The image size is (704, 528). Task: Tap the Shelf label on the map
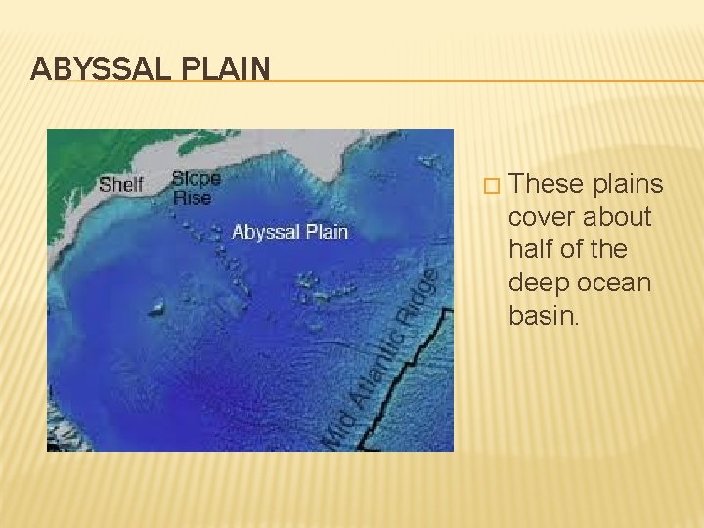[121, 184]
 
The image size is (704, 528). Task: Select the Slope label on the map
[196, 179]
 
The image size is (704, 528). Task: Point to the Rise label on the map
[192, 198]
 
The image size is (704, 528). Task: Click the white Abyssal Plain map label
[289, 232]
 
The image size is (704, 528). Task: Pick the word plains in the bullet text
[627, 184]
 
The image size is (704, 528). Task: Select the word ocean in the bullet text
[616, 283]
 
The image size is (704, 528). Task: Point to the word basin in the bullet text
[541, 315]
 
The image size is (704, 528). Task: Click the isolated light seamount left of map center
[156, 308]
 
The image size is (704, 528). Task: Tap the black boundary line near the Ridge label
[436, 323]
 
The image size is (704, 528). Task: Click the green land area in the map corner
[78, 147]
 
